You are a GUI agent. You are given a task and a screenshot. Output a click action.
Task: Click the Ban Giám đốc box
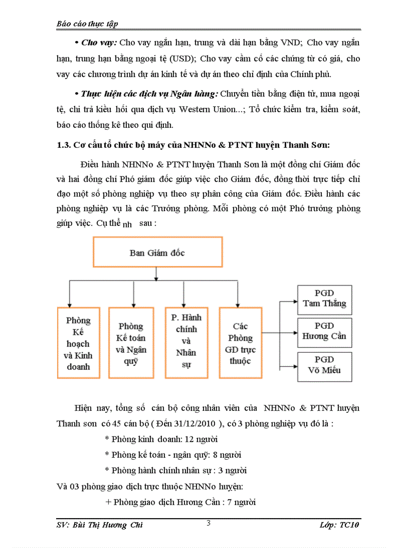(x=157, y=252)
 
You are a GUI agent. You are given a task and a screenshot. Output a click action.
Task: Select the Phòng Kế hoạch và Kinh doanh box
(x=78, y=343)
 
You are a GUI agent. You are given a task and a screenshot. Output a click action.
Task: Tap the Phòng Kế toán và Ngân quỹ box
(x=131, y=343)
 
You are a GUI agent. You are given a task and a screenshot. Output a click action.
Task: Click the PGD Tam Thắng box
(x=324, y=299)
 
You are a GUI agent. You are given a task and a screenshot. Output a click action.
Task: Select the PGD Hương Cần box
(x=324, y=331)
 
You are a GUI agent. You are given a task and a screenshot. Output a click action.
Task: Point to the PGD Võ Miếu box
(x=324, y=366)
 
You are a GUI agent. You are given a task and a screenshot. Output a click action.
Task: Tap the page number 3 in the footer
(x=208, y=523)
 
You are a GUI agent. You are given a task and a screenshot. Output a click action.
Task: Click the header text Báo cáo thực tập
(x=87, y=23)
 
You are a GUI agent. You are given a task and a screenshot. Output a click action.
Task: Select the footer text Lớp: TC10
(x=339, y=525)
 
